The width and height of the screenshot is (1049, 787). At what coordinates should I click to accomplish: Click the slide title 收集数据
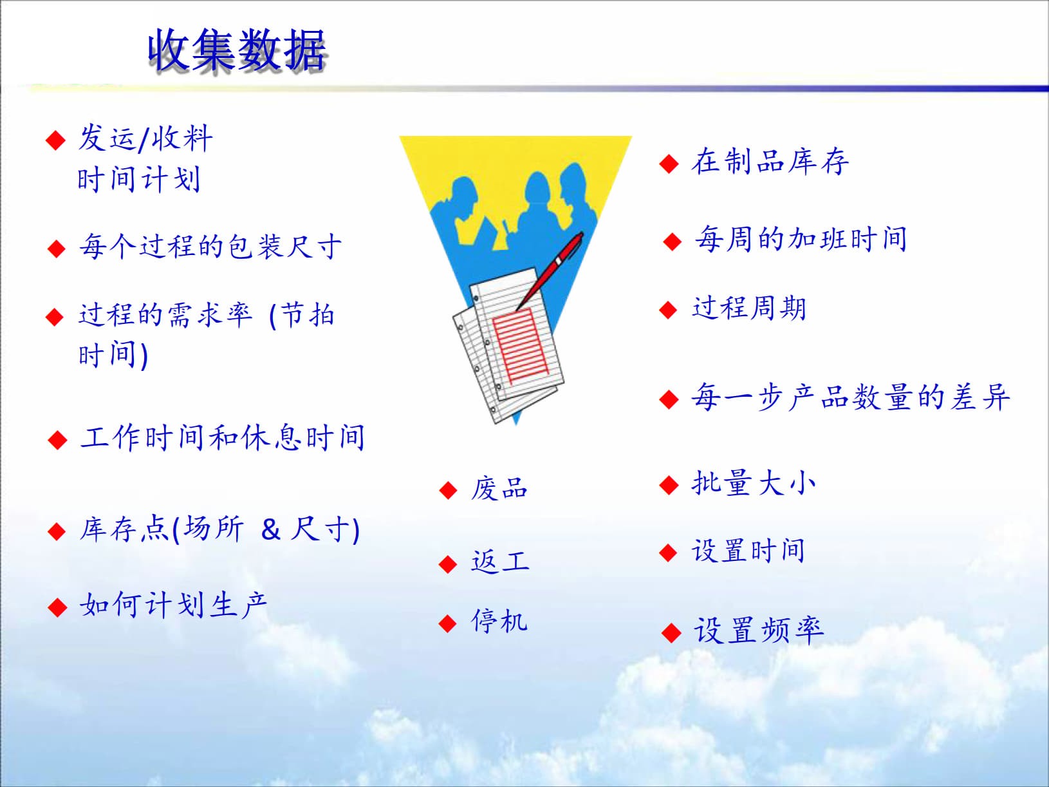pos(237,50)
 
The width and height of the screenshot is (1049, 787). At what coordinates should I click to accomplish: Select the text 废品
pos(499,489)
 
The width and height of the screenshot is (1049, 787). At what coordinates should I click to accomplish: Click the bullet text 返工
pos(500,562)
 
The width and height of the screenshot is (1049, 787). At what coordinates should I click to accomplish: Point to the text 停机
pos(499,621)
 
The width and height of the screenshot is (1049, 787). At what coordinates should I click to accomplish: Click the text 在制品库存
pos(770,162)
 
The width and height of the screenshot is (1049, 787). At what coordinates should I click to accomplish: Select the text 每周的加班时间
pos(801,240)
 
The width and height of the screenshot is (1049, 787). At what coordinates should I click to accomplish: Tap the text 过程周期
pos(748,308)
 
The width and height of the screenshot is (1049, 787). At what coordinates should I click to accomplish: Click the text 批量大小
pos(753,483)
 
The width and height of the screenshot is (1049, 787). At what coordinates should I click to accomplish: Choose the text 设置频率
pos(758,631)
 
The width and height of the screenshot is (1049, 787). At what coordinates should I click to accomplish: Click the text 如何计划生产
pos(172,605)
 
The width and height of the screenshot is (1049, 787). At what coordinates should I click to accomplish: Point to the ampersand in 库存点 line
pos(271,529)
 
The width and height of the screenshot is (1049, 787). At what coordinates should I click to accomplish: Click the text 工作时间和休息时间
pos(222,438)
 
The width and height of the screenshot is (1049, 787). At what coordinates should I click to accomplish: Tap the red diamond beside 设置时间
pos(668,553)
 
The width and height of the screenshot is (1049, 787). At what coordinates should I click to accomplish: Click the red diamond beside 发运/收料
pos(56,140)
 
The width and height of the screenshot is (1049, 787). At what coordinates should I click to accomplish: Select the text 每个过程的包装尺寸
pos(210,247)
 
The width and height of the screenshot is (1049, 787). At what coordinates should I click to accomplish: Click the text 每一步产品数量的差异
pos(850,397)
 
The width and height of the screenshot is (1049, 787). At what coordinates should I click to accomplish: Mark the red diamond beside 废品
pos(447,491)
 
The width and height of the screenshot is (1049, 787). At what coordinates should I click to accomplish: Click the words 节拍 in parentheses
pos(308,315)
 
